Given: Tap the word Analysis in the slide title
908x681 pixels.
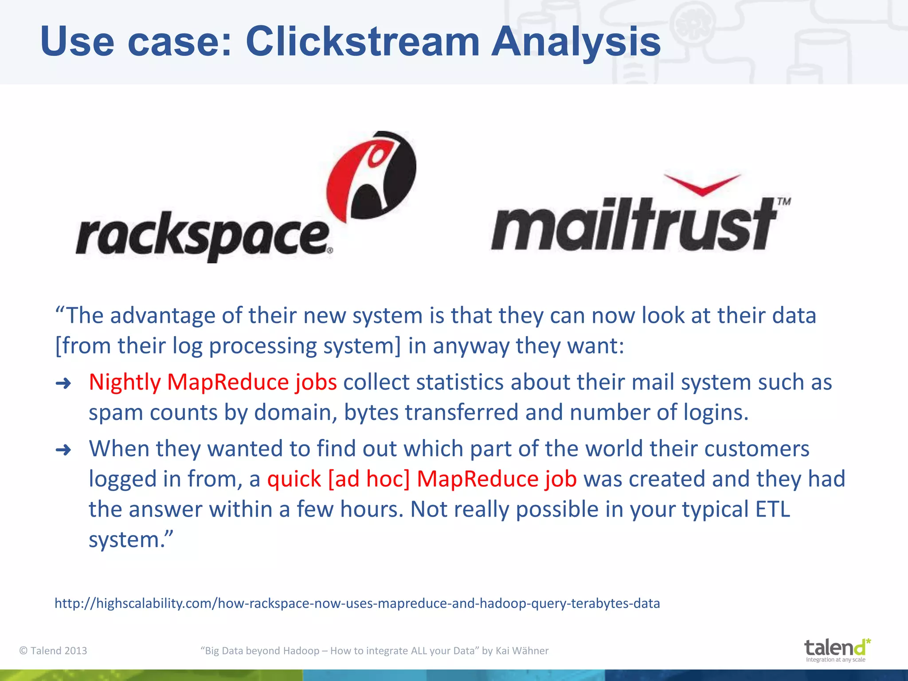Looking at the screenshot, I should coord(576,42).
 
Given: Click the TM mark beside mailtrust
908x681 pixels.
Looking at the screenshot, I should coord(784,202).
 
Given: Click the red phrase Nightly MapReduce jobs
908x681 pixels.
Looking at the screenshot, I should coord(213,382).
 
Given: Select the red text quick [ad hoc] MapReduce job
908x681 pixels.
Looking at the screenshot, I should coord(422,479).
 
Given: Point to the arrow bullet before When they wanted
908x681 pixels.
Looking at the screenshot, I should coord(63,450).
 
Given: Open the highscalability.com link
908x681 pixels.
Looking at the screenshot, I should coord(357,603).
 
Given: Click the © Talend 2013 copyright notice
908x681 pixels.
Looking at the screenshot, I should coord(53,650).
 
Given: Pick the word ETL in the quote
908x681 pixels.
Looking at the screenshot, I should coord(772,509).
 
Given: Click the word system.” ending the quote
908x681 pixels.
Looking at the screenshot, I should coord(131,540).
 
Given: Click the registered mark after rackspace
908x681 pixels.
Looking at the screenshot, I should coord(330,251).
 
